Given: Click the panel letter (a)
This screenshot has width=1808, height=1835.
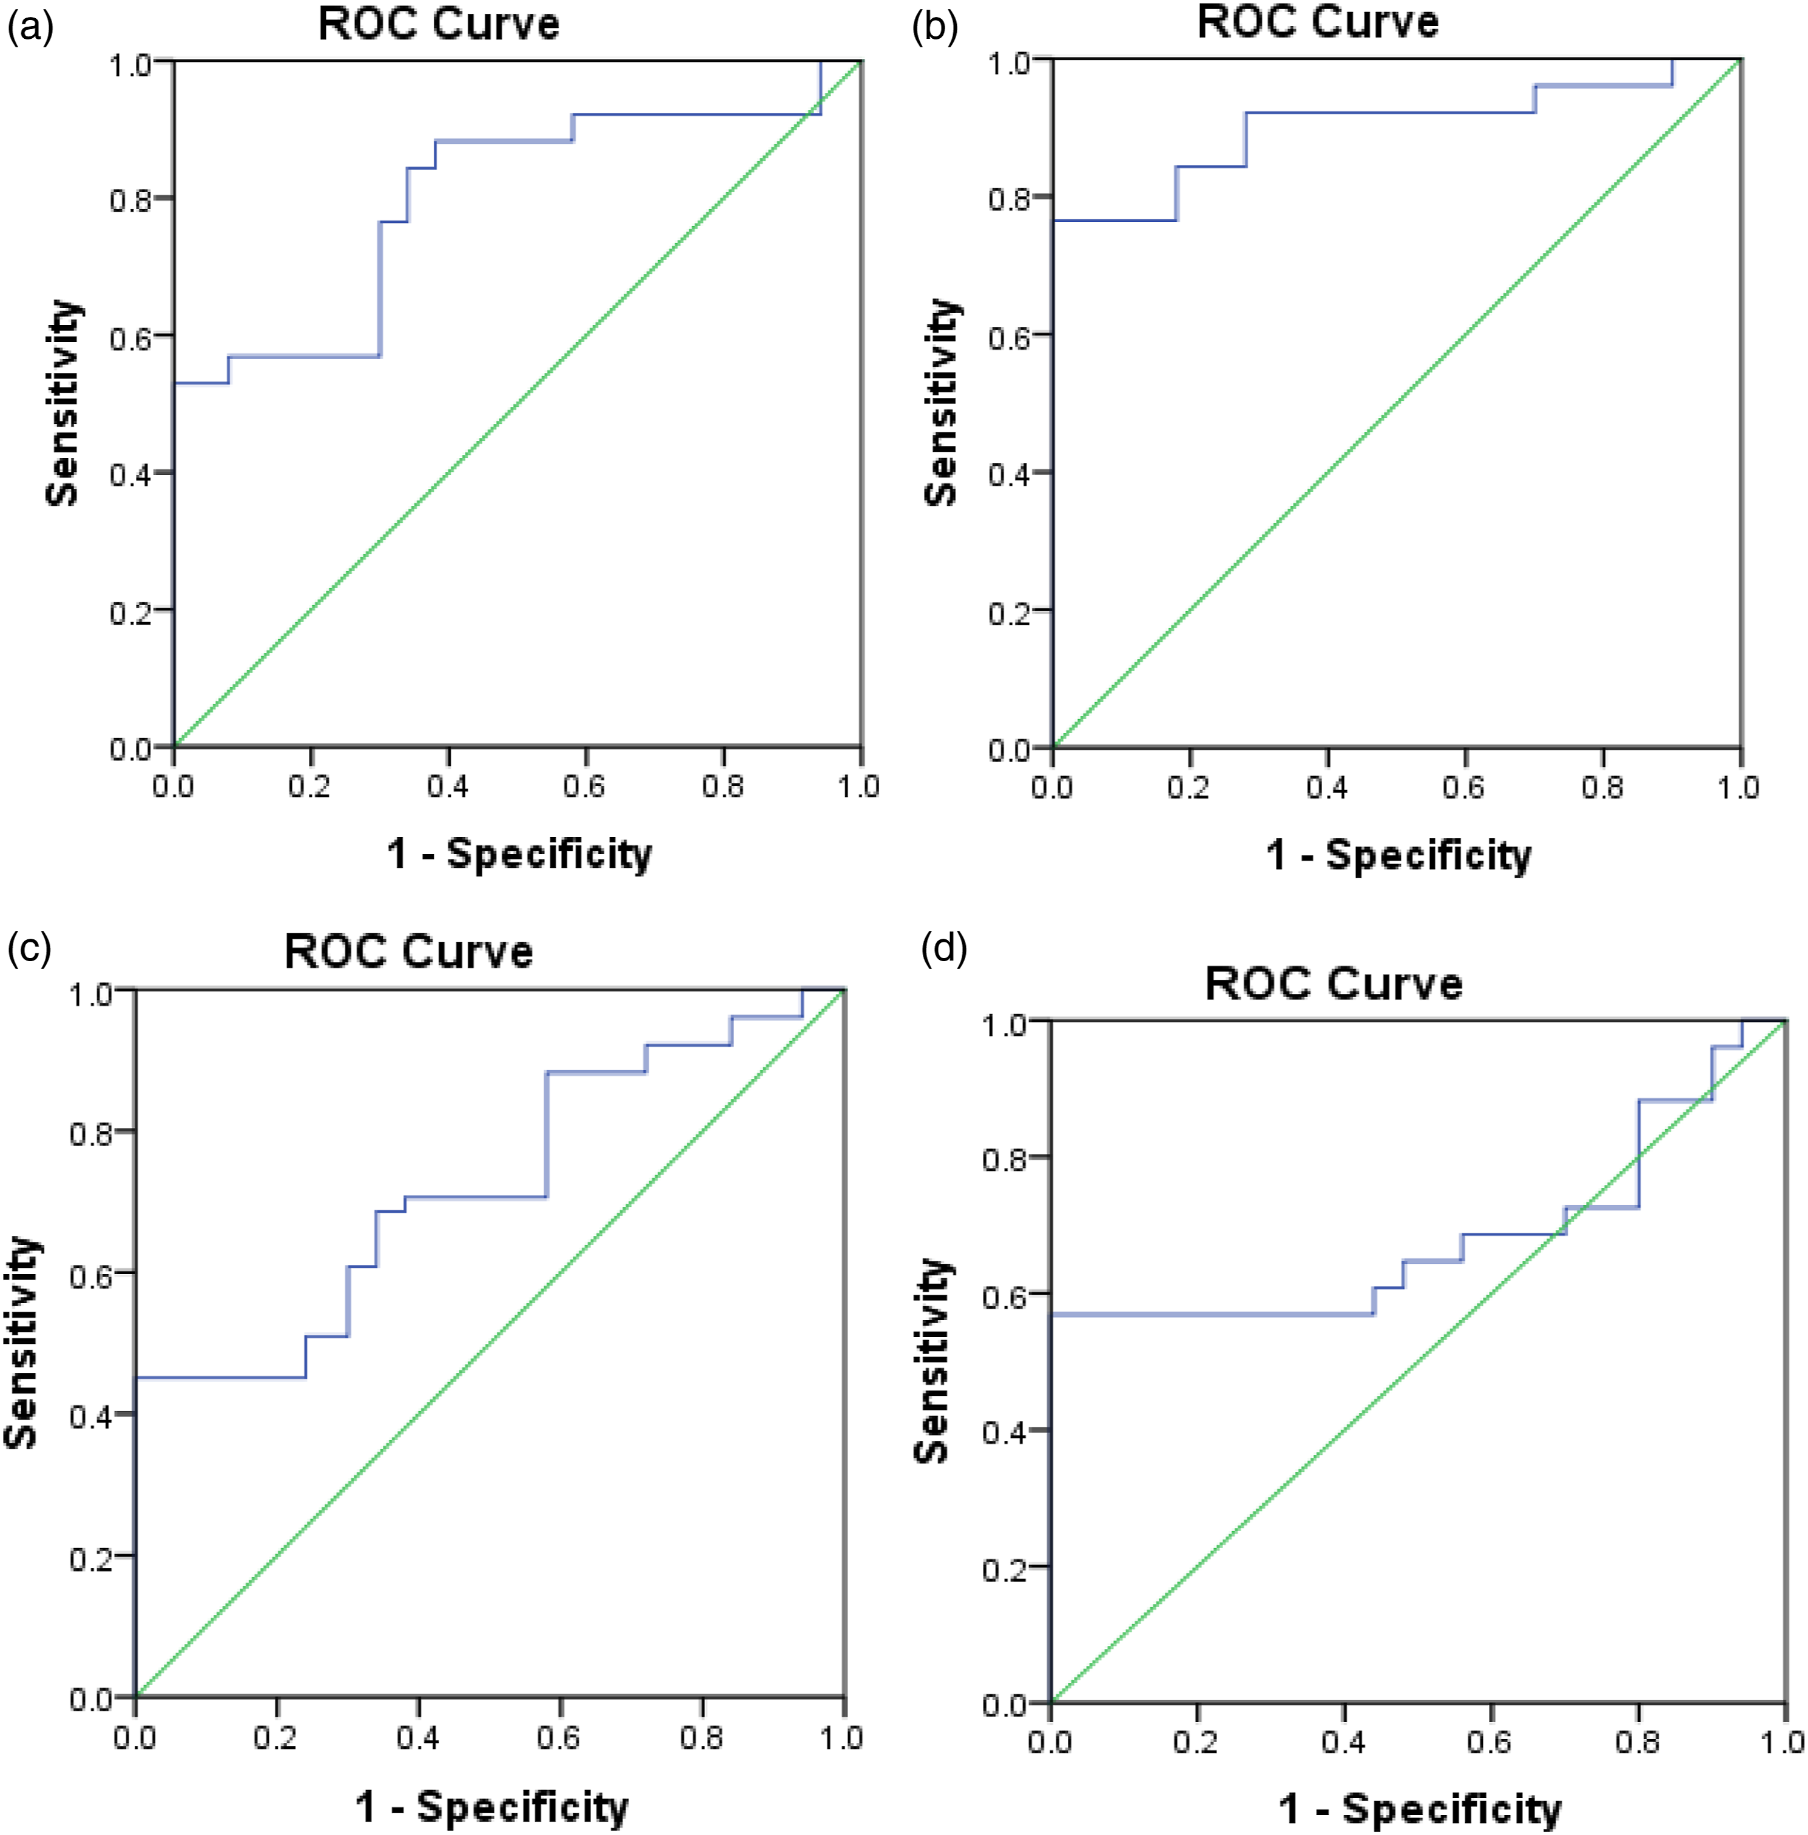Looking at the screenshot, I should pyautogui.click(x=30, y=29).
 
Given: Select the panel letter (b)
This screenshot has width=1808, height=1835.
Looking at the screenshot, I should pyautogui.click(x=934, y=29).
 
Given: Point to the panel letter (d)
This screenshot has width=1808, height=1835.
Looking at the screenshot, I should pyautogui.click(x=944, y=947).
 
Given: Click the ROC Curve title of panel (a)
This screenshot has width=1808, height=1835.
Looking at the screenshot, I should pyautogui.click(x=439, y=24).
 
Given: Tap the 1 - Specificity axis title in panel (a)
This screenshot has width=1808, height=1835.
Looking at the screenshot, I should pyautogui.click(x=519, y=853).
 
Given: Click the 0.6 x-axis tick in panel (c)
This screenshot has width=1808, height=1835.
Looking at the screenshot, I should pyautogui.click(x=559, y=1737).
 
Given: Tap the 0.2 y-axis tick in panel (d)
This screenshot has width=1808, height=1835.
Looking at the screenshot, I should pyautogui.click(x=1003, y=1568).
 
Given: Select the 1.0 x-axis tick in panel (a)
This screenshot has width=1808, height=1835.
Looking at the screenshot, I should pyautogui.click(x=858, y=787).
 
